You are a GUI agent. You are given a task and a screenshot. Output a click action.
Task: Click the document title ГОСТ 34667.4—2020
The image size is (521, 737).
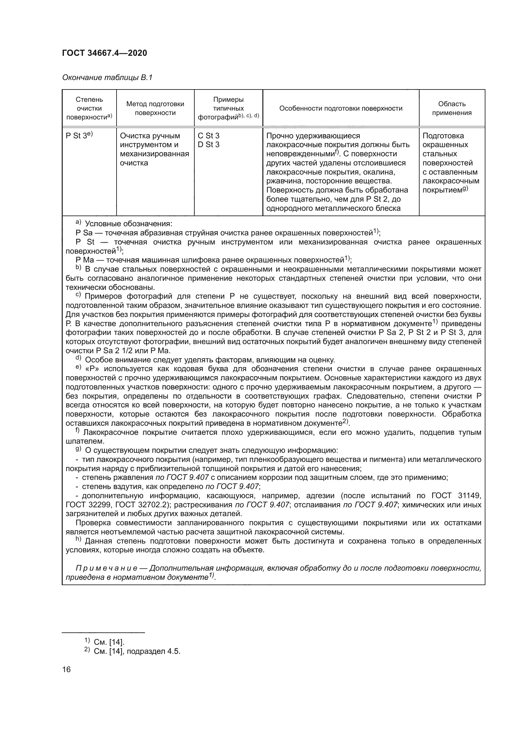(105, 53)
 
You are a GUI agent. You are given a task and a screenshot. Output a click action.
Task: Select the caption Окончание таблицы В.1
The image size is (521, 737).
(107, 78)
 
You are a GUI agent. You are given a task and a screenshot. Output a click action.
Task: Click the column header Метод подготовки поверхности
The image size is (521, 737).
(155, 108)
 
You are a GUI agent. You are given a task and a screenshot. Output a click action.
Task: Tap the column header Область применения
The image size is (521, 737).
(452, 108)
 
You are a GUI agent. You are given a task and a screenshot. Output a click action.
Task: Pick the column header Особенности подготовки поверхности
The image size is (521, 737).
(341, 108)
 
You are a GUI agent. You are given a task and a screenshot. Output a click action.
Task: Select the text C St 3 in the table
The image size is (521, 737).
(209, 136)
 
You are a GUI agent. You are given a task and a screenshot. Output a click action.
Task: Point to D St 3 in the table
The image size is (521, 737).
(209, 145)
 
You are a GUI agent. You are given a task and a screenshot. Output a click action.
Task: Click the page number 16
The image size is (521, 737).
(66, 670)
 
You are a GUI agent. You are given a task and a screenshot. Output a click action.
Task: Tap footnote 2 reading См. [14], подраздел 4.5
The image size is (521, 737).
(137, 651)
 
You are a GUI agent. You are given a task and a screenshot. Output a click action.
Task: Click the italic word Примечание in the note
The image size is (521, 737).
(106, 568)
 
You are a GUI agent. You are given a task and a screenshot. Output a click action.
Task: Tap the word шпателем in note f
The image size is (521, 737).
(85, 441)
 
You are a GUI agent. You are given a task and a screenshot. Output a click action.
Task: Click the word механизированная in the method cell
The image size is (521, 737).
(154, 154)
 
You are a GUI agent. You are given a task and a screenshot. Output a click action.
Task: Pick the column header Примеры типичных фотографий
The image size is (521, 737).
(228, 108)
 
